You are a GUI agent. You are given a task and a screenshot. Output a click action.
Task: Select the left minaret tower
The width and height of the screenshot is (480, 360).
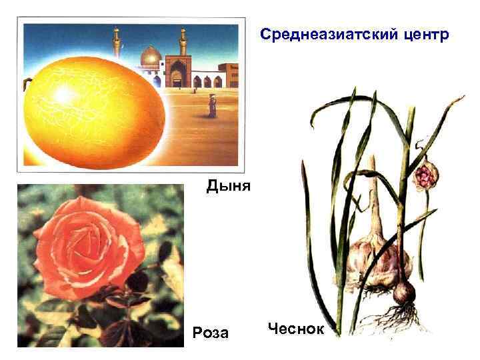tap(116, 44)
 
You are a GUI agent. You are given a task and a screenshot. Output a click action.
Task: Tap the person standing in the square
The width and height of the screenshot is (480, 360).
tap(212, 105)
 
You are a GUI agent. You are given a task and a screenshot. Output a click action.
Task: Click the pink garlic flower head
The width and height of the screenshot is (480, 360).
tap(424, 176)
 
